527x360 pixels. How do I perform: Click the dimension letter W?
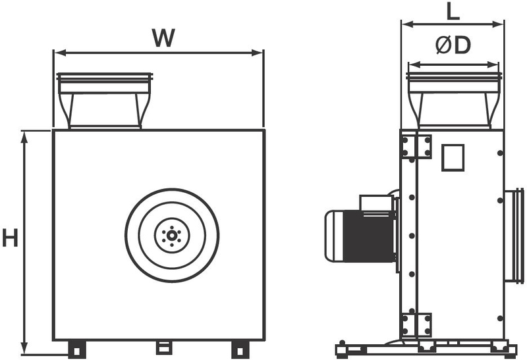(x=163, y=38)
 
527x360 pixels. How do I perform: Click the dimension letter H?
(x=10, y=238)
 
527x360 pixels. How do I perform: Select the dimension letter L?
(x=453, y=12)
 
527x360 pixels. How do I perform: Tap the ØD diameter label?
(x=453, y=45)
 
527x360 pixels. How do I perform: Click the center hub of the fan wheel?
(x=172, y=236)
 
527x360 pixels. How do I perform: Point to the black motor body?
(x=368, y=236)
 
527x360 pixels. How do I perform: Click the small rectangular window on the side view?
(x=453, y=157)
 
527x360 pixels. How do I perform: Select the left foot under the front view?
(x=76, y=349)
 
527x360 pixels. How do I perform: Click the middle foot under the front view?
(x=163, y=347)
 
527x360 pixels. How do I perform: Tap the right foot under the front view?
(x=240, y=349)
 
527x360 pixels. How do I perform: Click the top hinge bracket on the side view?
(x=416, y=146)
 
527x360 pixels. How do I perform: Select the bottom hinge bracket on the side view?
(x=416, y=324)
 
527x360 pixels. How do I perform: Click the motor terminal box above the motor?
(x=376, y=203)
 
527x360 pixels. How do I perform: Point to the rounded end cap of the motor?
(x=334, y=236)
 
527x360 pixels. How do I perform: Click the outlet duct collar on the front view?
(x=105, y=101)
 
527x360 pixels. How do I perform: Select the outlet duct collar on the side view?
(x=454, y=101)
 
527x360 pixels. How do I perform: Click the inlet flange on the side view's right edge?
(x=514, y=236)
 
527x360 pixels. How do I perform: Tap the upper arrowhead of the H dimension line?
(x=24, y=137)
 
